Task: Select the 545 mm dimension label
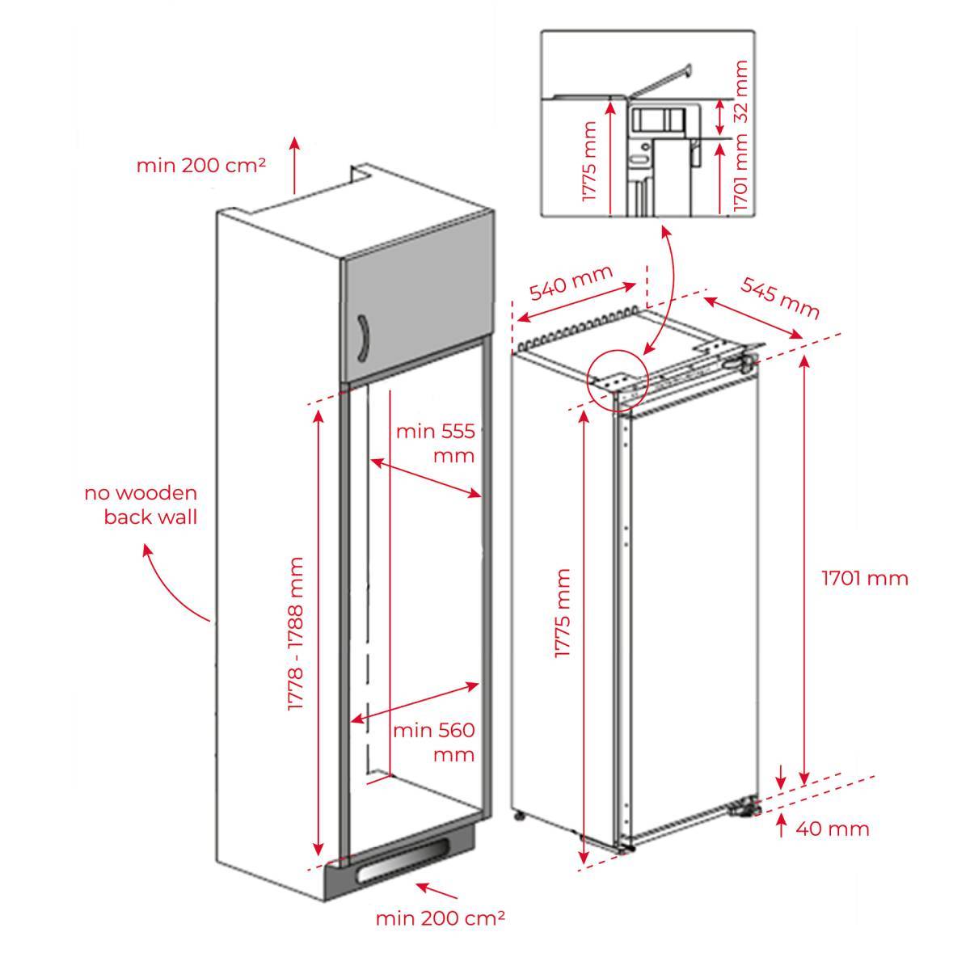tap(780, 297)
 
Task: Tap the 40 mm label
tap(833, 829)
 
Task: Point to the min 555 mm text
tap(434, 442)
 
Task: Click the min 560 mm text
tap(433, 742)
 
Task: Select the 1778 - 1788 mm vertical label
tap(296, 635)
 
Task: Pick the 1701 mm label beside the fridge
tap(865, 578)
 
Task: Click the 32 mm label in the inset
tap(741, 91)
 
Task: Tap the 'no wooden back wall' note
tap(141, 505)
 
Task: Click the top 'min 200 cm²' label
tap(201, 166)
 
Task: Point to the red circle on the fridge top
tap(618, 377)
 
